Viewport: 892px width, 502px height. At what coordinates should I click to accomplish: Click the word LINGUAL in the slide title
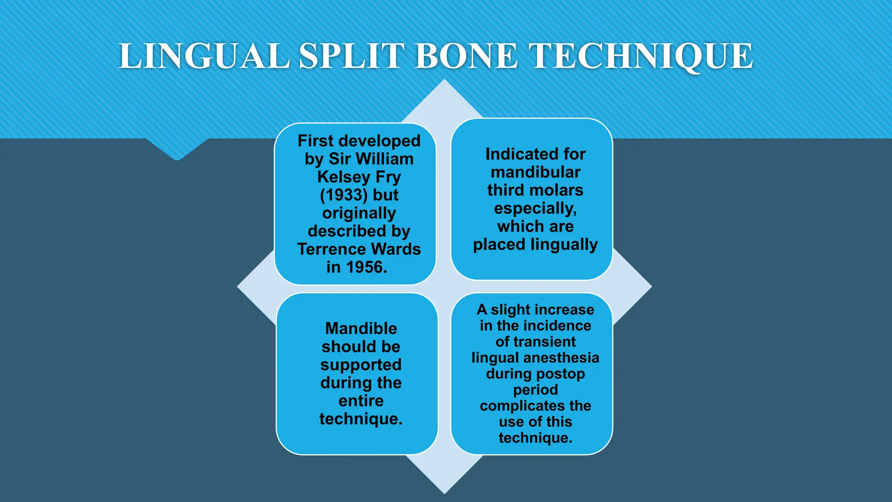point(204,56)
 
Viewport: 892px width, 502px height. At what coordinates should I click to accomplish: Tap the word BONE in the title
point(466,56)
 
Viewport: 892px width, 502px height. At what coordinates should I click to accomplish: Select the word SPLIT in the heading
point(352,56)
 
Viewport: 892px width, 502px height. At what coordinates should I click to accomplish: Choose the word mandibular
point(535,172)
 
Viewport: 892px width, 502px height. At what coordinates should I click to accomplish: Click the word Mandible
point(361,329)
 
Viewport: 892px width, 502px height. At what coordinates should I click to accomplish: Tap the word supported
point(361,365)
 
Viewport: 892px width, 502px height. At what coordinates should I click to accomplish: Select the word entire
point(361,401)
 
